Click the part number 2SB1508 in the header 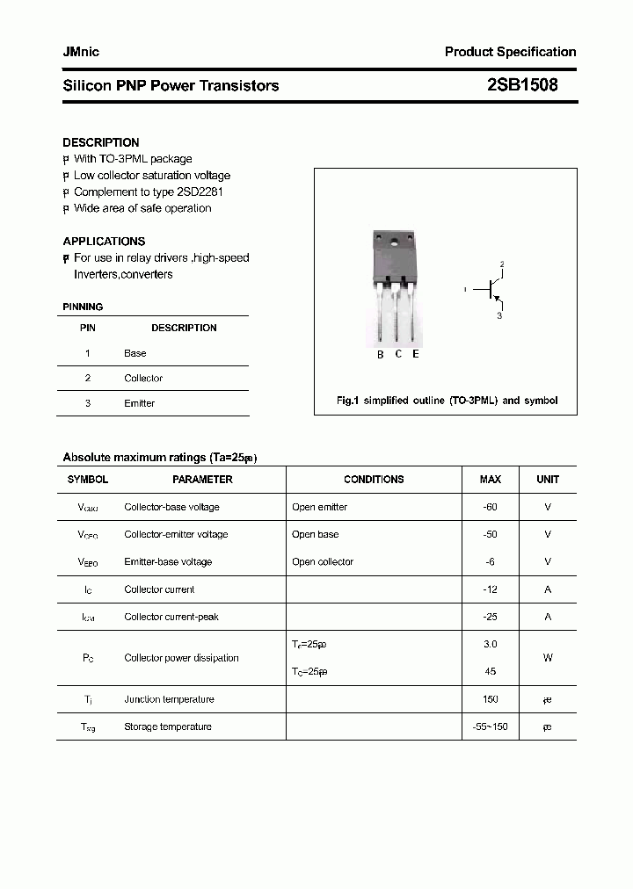click(x=521, y=85)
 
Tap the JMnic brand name click(x=81, y=52)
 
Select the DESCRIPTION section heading click(x=101, y=142)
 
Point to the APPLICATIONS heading click(x=104, y=241)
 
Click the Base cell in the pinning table click(x=135, y=353)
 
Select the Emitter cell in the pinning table click(x=139, y=403)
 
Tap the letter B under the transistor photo click(x=381, y=355)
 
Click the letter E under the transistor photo click(x=416, y=354)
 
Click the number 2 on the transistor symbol click(x=502, y=264)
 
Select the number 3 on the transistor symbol click(x=499, y=316)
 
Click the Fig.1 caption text click(x=447, y=401)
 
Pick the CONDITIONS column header click(x=374, y=480)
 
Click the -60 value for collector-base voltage click(x=490, y=507)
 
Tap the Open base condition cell click(x=315, y=534)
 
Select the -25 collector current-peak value click(x=490, y=617)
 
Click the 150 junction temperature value click(x=490, y=699)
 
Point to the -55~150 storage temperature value click(x=490, y=726)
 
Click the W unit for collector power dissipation click(x=548, y=658)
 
